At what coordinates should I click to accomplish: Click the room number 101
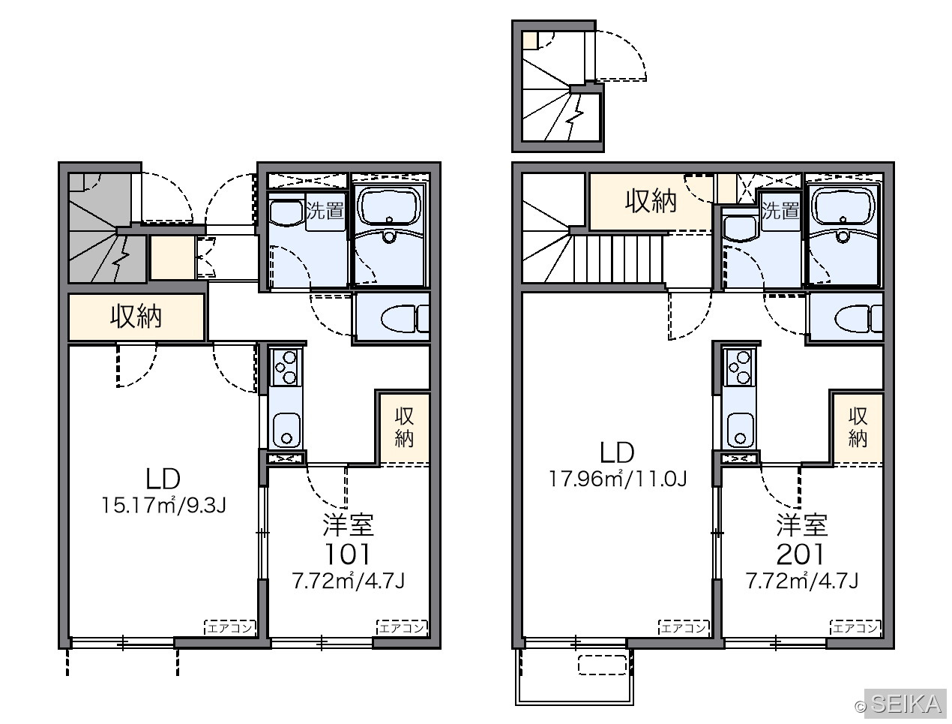pyautogui.click(x=348, y=554)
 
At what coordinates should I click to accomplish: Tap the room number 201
pyautogui.click(x=801, y=554)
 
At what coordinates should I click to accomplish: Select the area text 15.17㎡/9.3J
pyautogui.click(x=164, y=506)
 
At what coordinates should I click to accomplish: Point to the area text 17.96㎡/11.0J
pyautogui.click(x=618, y=479)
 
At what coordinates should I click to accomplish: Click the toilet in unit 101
pyautogui.click(x=404, y=319)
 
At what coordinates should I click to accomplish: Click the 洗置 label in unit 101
pyautogui.click(x=325, y=211)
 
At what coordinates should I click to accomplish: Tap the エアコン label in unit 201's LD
pyautogui.click(x=684, y=628)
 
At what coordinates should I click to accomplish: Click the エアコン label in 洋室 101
pyautogui.click(x=402, y=628)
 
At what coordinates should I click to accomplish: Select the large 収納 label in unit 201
pyautogui.click(x=651, y=201)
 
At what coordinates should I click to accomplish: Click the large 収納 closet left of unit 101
pyautogui.click(x=136, y=317)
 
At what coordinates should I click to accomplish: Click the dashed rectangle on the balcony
pyautogui.click(x=603, y=665)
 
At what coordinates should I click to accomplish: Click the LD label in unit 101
pyautogui.click(x=163, y=479)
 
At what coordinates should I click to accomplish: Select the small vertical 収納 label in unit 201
pyautogui.click(x=858, y=428)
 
